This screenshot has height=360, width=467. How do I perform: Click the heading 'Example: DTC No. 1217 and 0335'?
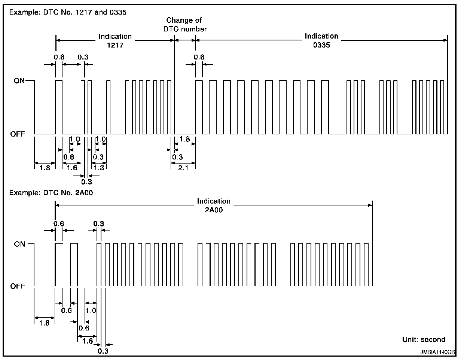(x=68, y=12)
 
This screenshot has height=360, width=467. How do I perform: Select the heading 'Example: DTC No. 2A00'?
(x=51, y=193)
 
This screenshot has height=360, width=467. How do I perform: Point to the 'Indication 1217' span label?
(x=115, y=40)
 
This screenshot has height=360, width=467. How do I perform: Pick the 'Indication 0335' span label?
(x=321, y=40)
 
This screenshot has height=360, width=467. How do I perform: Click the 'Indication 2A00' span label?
(x=214, y=205)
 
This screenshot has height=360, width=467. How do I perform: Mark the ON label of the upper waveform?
(x=19, y=80)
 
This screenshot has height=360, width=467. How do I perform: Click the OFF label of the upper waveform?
(x=18, y=134)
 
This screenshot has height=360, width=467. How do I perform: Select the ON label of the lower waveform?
(x=19, y=244)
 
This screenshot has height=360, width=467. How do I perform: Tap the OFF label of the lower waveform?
(x=18, y=286)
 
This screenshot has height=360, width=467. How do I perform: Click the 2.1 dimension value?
(x=183, y=168)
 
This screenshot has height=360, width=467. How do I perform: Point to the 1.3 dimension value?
(x=99, y=168)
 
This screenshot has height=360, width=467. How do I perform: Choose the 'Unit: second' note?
(x=424, y=339)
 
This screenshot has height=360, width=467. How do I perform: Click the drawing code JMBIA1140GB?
(x=437, y=352)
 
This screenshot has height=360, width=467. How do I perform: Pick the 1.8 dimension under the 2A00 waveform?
(x=44, y=323)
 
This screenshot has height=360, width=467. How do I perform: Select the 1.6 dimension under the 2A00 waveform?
(x=87, y=341)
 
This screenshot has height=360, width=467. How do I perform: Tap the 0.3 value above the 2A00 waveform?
(x=98, y=224)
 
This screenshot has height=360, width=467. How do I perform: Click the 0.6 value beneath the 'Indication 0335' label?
(x=199, y=57)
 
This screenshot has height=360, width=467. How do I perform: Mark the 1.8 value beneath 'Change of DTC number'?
(x=184, y=139)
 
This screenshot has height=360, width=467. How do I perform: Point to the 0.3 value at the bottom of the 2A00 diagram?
(x=103, y=351)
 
